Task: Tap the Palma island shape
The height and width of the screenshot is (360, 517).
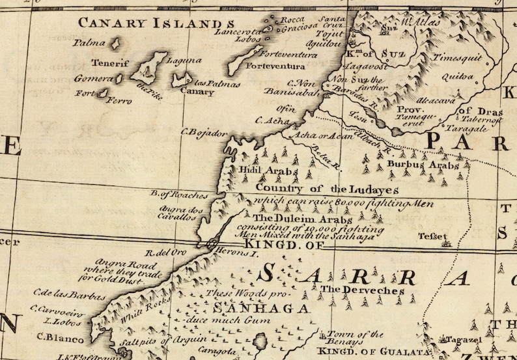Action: [x=116, y=44]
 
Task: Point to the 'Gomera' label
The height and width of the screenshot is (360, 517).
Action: [x=93, y=78]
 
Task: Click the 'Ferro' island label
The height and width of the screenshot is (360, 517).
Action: [x=119, y=102]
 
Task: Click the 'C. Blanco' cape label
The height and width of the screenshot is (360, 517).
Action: [x=61, y=338]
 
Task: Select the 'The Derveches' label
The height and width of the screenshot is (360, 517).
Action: [x=362, y=290]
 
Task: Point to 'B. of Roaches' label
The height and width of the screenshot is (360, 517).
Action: [x=179, y=195]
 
